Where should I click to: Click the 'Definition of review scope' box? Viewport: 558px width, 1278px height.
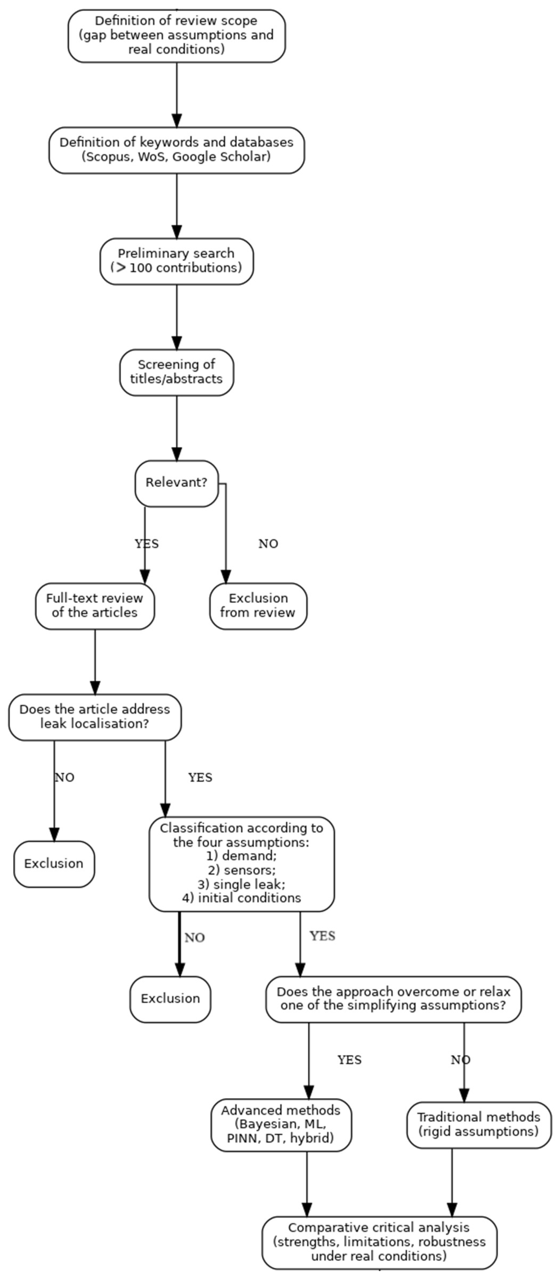176,36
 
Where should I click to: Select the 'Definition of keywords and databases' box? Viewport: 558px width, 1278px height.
176,150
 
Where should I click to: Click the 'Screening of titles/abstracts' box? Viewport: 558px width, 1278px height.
176,372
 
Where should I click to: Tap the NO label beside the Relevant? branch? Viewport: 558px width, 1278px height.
268,544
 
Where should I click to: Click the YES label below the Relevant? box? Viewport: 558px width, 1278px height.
147,544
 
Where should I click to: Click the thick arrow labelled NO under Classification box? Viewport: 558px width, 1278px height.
179,943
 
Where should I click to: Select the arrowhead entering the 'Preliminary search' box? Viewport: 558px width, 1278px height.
176,232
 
